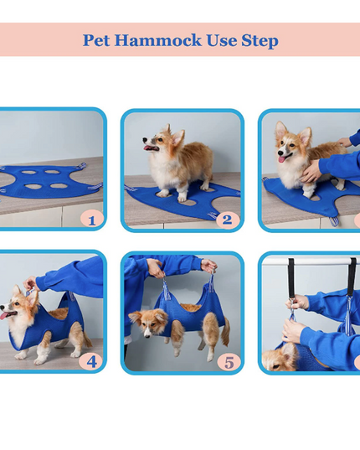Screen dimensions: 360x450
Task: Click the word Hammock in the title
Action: [158, 40]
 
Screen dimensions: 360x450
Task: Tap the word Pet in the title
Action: [96, 40]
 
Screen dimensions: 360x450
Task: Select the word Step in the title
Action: [260, 41]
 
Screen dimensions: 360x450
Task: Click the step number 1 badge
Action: [91, 220]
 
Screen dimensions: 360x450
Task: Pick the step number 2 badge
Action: [227, 220]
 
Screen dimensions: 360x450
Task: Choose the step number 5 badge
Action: [229, 362]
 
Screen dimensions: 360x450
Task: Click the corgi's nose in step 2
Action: [145, 140]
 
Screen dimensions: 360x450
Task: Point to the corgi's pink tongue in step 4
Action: [4, 316]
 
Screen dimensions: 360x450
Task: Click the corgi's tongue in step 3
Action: [282, 158]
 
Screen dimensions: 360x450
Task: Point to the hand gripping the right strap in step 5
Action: [208, 265]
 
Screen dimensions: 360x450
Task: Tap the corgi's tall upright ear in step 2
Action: [177, 137]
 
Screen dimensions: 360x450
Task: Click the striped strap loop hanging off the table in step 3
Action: [333, 221]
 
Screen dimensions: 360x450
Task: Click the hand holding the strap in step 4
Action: [30, 283]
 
